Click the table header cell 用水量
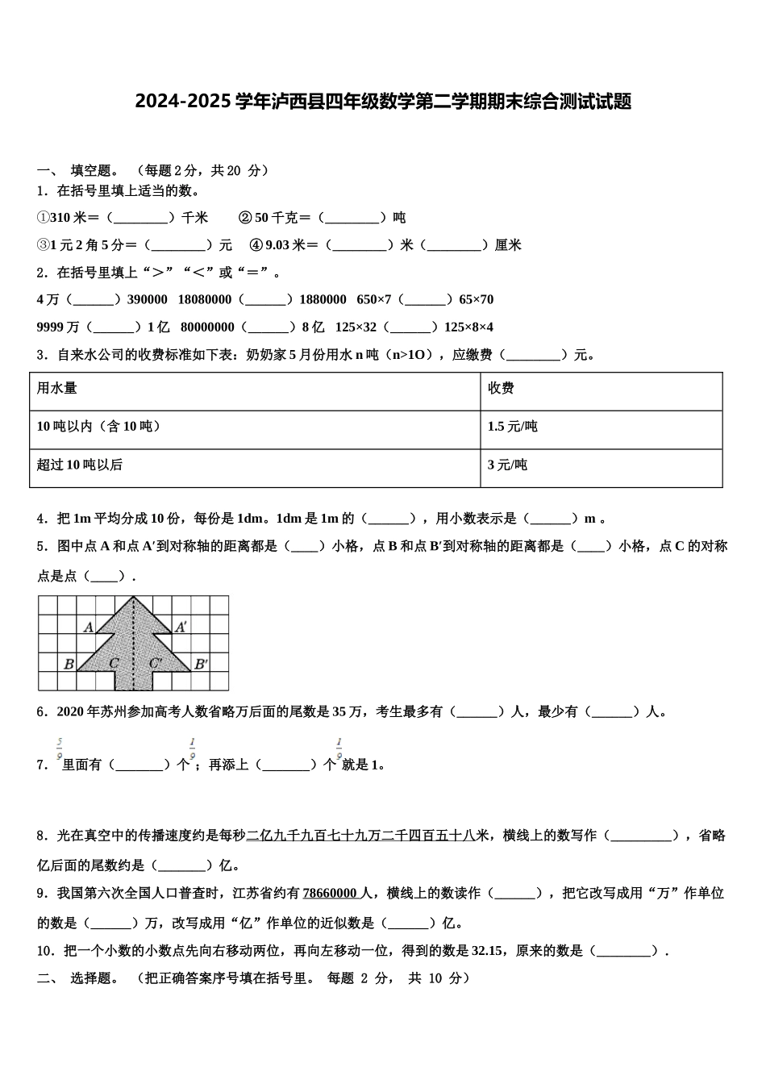57,389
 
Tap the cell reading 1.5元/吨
512,427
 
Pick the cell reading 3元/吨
507,465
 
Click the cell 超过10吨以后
80,465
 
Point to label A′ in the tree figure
181,627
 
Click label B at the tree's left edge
69,665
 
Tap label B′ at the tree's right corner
201,665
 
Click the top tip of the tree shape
134,598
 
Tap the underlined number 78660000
330,894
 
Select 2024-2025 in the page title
182,102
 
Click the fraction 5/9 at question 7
60,749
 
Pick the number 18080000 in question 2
205,300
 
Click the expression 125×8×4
468,327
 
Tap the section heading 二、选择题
77,978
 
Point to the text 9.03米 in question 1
285,245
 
